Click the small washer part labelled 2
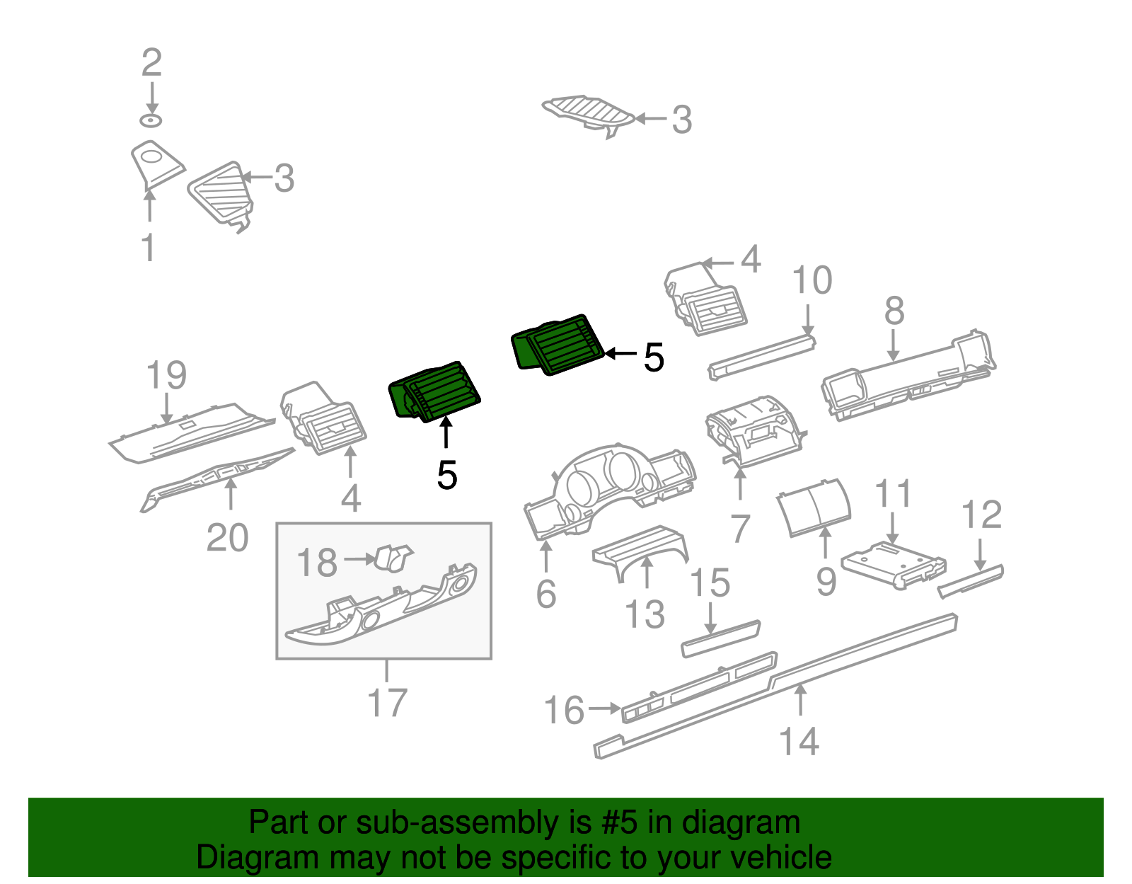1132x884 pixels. pyautogui.click(x=151, y=120)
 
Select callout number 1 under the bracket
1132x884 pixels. pyautogui.click(x=148, y=248)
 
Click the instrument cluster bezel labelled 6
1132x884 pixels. pyautogui.click(x=608, y=488)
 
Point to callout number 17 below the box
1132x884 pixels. pyautogui.click(x=387, y=703)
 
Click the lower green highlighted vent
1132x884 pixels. pyautogui.click(x=435, y=393)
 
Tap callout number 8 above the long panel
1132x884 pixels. pyautogui.click(x=894, y=311)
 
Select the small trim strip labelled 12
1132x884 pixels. pyautogui.click(x=971, y=580)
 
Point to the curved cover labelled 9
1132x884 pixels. pyautogui.click(x=814, y=506)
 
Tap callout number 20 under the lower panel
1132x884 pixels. pyautogui.click(x=227, y=538)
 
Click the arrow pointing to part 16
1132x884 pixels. pyautogui.click(x=605, y=707)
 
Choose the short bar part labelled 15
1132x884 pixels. pyautogui.click(x=720, y=638)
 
